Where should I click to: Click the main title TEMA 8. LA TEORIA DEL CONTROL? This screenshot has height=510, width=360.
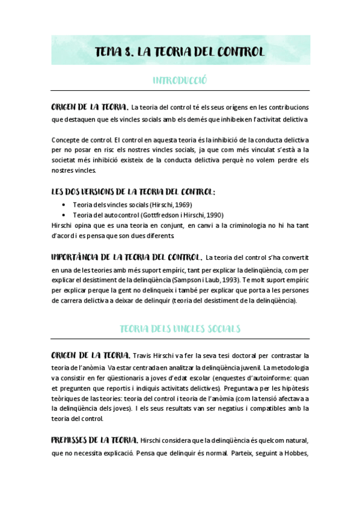pos(180,52)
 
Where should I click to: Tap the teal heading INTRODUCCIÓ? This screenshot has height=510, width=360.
pos(180,80)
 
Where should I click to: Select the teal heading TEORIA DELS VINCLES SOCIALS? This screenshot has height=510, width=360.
pos(180,328)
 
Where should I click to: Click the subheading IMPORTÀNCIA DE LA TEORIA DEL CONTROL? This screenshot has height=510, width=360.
pos(126,257)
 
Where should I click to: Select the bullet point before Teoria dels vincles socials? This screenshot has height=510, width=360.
pos(64,205)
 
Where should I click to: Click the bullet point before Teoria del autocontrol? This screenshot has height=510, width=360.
pos(64,215)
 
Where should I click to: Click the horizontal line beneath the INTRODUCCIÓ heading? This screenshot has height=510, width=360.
pos(180,91)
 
